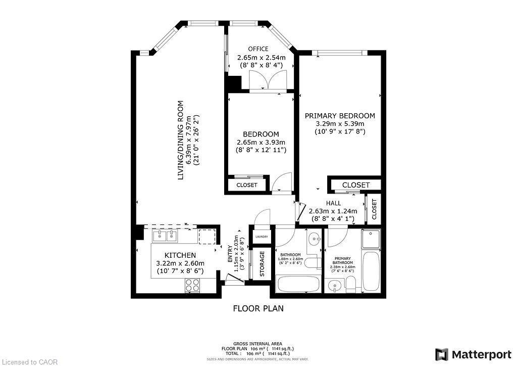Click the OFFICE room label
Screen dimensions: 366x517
tap(261, 49)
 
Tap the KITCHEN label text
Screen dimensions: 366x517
tap(180, 255)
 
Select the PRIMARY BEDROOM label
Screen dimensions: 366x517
tap(339, 116)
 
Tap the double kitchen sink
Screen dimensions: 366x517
tap(165, 236)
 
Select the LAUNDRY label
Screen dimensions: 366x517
tap(262, 237)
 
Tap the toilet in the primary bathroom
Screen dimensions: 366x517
tap(349, 286)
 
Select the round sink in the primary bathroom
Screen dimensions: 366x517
tap(333, 287)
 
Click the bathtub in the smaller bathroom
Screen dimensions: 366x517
tap(298, 284)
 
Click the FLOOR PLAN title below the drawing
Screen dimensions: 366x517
tap(258, 308)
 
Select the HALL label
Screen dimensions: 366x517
tap(333, 203)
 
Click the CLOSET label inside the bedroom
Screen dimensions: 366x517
tap(247, 185)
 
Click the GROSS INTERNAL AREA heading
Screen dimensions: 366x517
tap(258, 343)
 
